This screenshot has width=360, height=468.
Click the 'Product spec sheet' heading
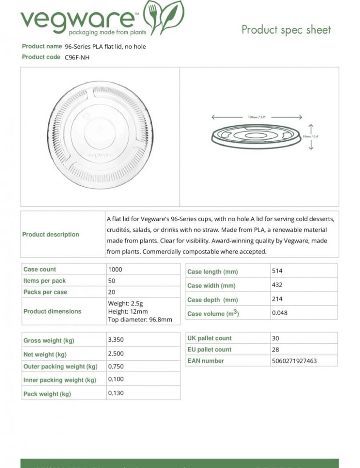tap(286, 30)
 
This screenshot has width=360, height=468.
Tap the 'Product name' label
tap(42, 46)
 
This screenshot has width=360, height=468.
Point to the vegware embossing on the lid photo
tap(100, 154)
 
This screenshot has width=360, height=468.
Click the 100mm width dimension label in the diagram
tap(256, 117)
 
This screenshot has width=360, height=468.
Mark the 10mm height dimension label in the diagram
tap(311, 137)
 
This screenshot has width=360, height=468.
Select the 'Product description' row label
tap(51, 235)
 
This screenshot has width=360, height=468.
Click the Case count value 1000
tap(114, 270)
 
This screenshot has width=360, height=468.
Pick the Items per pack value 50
tap(112, 281)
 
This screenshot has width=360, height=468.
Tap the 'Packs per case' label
tap(45, 292)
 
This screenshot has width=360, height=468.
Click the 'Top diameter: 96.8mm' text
tap(140, 320)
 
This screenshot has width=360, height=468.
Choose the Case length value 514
tap(277, 271)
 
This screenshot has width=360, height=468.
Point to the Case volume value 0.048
tap(280, 313)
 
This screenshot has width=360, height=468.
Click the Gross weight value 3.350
tap(116, 339)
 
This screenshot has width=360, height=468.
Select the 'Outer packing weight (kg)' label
tap(61, 367)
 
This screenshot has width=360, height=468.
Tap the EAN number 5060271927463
tap(294, 361)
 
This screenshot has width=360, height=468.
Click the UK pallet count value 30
tap(275, 338)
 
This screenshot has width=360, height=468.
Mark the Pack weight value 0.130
tap(116, 393)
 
